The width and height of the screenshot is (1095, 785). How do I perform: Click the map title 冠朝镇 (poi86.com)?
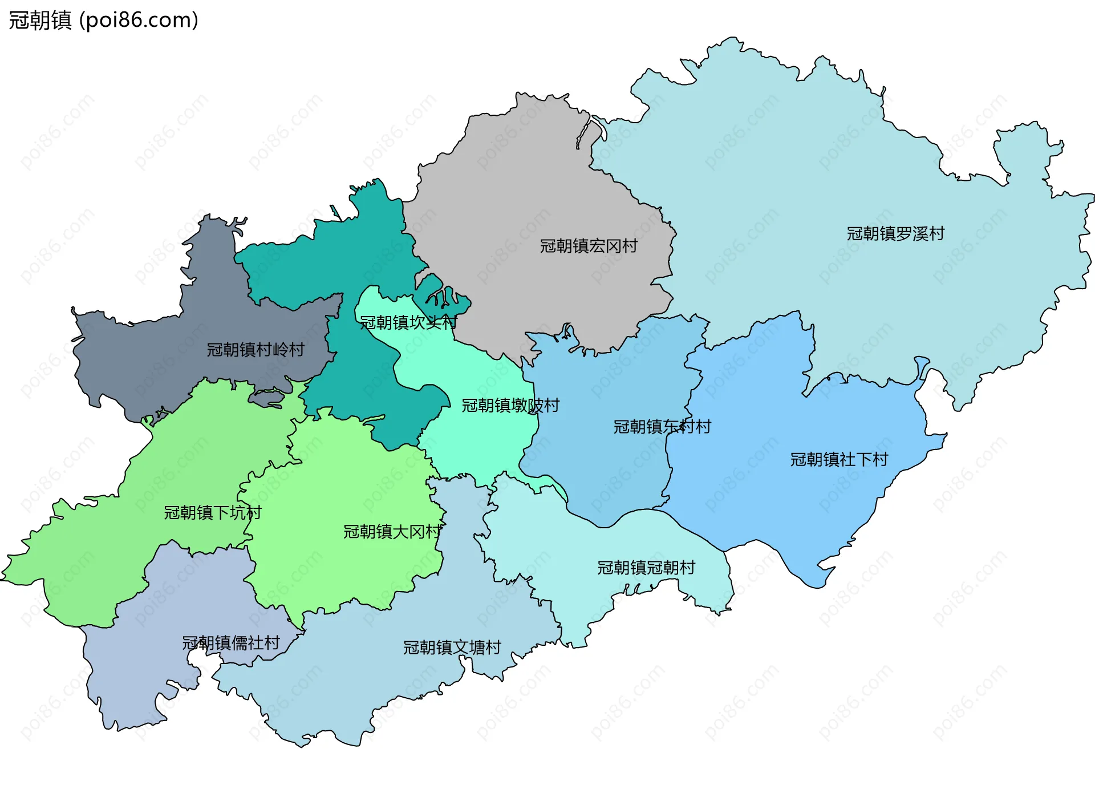point(103,20)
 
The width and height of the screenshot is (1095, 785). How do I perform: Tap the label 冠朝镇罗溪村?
point(895,233)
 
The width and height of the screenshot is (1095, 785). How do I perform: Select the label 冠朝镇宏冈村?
point(589,246)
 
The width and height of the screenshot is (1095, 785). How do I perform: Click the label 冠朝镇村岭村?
point(255,350)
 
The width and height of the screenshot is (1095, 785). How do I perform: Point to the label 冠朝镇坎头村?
point(408,323)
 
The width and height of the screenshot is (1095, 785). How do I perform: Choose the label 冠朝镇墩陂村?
point(510,406)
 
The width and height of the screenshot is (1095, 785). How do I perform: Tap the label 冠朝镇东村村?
point(662,427)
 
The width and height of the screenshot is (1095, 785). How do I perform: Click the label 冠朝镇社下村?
point(839,459)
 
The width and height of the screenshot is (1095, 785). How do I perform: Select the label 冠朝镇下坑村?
point(212,513)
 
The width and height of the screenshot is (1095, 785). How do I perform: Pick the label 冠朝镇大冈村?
point(392,532)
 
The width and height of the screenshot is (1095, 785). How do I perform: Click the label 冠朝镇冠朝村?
point(646,568)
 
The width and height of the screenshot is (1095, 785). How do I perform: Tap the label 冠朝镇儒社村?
point(230,643)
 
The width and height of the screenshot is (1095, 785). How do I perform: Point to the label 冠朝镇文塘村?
point(452,648)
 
